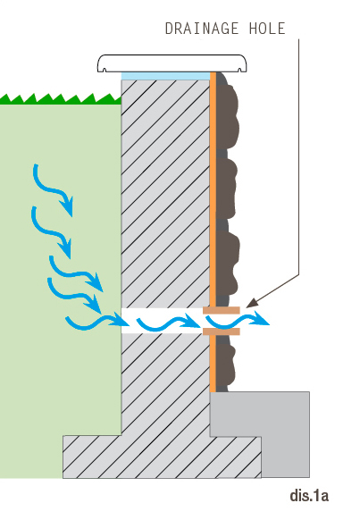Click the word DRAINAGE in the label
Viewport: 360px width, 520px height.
tap(202, 29)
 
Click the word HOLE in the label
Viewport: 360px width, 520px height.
tap(267, 29)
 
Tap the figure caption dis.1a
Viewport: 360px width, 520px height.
tap(309, 496)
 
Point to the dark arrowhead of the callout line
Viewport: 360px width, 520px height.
tap(252, 303)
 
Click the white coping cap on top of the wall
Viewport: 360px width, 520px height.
tap(172, 63)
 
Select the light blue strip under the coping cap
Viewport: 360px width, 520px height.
tap(166, 76)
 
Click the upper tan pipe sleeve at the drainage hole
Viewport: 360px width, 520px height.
tap(222, 310)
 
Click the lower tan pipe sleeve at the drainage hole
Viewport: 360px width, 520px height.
tap(222, 331)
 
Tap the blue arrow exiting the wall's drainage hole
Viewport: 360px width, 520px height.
tap(237, 322)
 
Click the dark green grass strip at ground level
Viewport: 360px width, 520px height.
tap(61, 99)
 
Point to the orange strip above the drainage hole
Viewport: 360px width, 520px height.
tap(213, 189)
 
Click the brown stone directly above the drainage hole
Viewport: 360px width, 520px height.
tap(227, 262)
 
